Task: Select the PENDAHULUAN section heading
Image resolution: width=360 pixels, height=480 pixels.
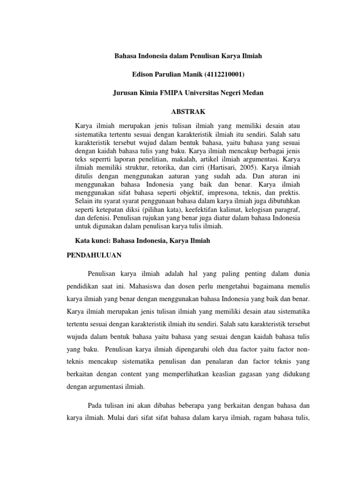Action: (x=93, y=255)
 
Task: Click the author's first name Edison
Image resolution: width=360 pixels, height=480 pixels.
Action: (x=144, y=75)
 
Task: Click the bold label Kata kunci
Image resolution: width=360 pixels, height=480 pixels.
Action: (x=91, y=240)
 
